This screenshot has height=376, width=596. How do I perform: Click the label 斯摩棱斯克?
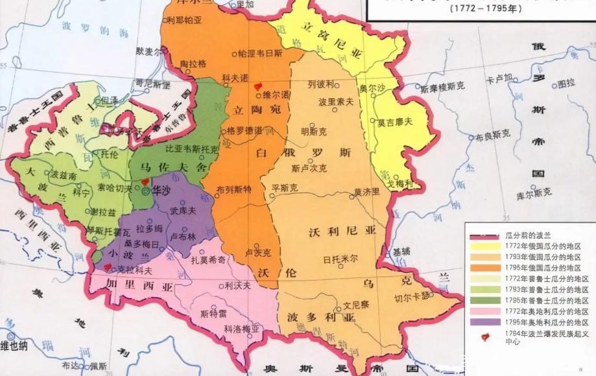(x=442, y=87)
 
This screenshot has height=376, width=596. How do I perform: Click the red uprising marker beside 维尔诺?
(x=258, y=85)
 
